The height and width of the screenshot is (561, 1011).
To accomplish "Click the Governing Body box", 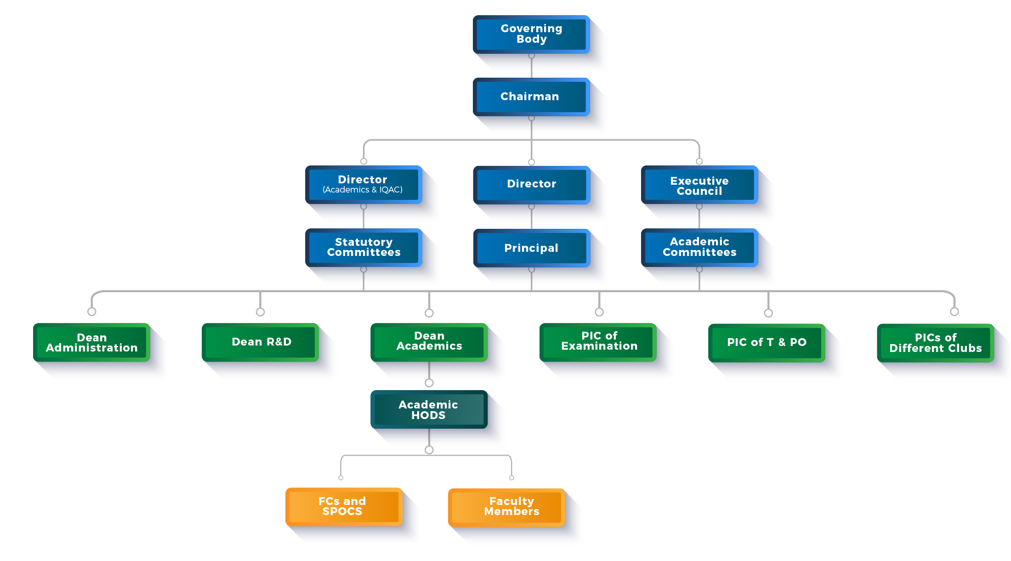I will tap(531, 34).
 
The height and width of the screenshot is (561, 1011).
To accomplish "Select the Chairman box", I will tap(531, 96).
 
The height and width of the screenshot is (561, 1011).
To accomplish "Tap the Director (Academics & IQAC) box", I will tap(363, 184).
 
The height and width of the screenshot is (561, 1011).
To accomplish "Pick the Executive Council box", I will tap(699, 185).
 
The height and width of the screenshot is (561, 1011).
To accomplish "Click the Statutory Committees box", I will tap(363, 247).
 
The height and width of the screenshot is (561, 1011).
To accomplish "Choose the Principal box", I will tap(531, 248).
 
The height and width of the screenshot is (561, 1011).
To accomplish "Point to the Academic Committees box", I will tap(699, 247).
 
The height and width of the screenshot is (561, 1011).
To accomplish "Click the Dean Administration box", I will tap(91, 342).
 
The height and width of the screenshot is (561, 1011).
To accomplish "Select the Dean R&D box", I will tap(261, 342).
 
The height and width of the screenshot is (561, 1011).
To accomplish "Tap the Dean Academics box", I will tap(429, 341).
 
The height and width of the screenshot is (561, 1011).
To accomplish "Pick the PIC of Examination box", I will tap(599, 341).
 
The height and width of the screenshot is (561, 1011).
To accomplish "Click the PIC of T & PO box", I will tap(767, 342).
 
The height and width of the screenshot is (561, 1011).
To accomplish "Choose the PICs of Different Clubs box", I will tap(935, 343).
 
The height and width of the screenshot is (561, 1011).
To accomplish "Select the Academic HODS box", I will tap(428, 409).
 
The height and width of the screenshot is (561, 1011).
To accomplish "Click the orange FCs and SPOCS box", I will tap(342, 506).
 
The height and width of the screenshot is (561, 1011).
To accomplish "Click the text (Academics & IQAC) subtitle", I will tap(363, 190).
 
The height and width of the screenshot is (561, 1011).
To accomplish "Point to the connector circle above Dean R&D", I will tap(260, 312).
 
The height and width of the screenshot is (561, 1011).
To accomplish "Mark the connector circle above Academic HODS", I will tap(429, 383).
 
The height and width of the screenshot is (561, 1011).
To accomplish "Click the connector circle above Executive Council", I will tap(699, 161).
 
